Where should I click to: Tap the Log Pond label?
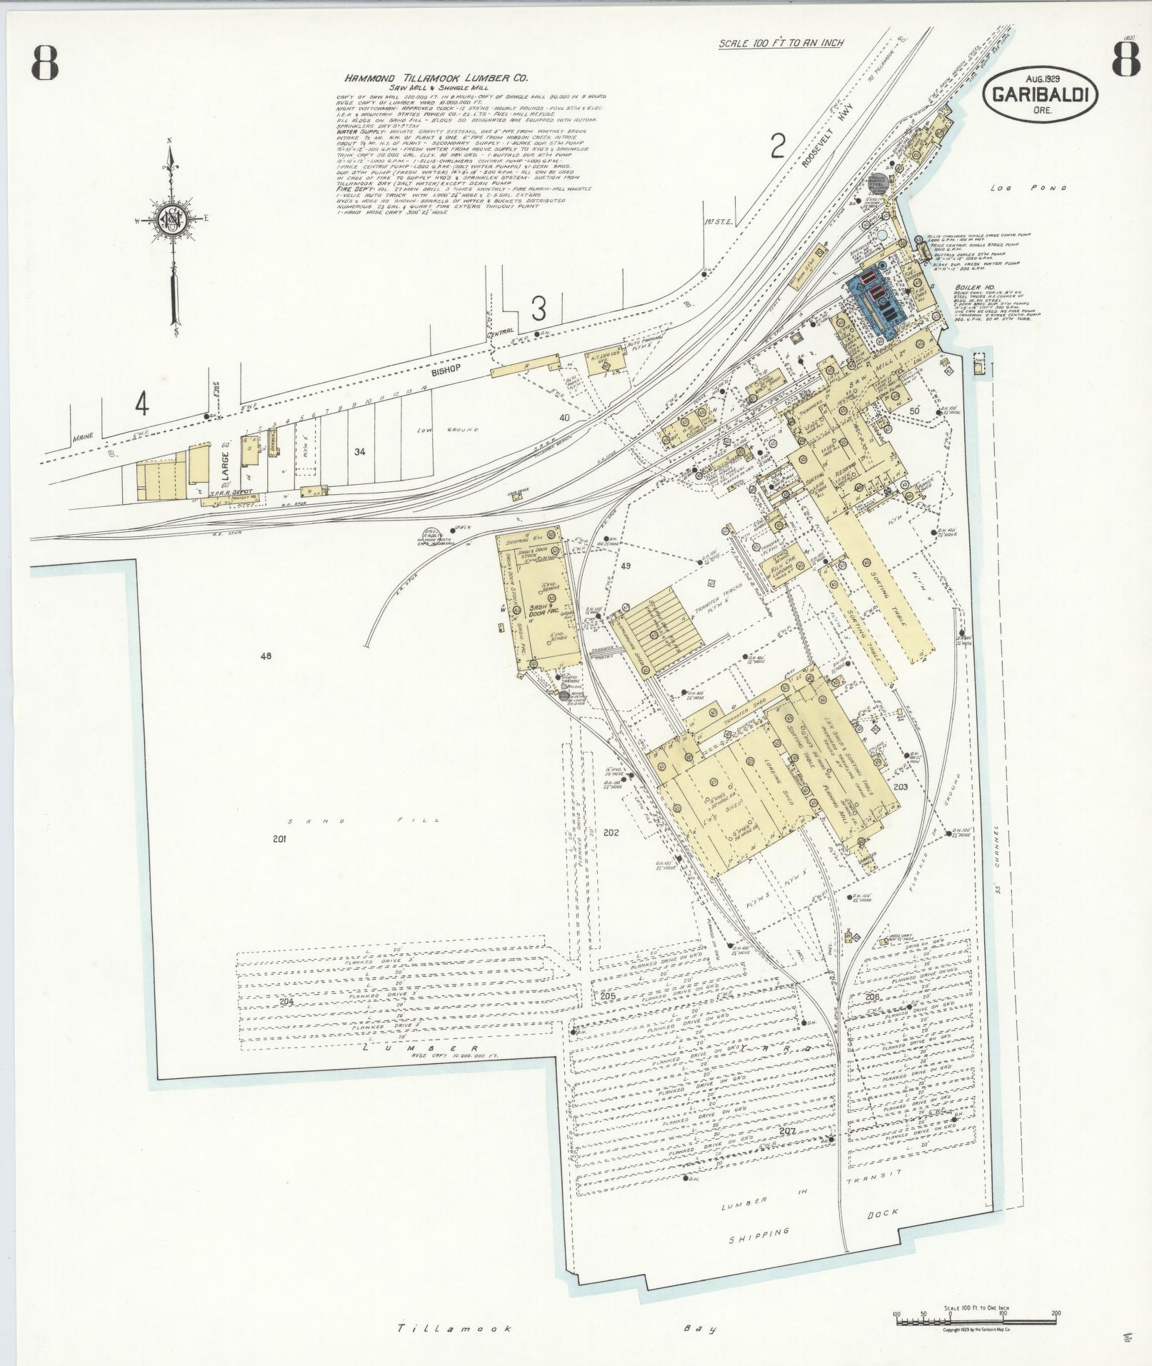[x=1028, y=189]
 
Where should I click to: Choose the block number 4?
[x=142, y=405]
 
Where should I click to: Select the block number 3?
[x=539, y=309]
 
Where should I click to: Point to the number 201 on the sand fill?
[x=279, y=839]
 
